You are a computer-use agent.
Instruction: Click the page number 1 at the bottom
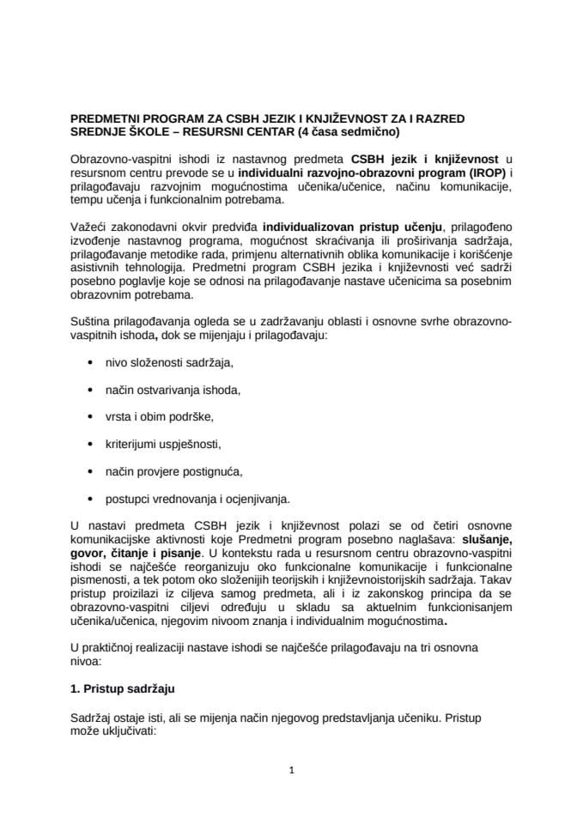(x=292, y=770)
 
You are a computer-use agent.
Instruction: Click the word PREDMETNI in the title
(x=106, y=118)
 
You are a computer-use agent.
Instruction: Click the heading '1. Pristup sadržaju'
(x=119, y=689)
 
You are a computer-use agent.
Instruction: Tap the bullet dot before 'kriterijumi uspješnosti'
(x=90, y=444)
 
